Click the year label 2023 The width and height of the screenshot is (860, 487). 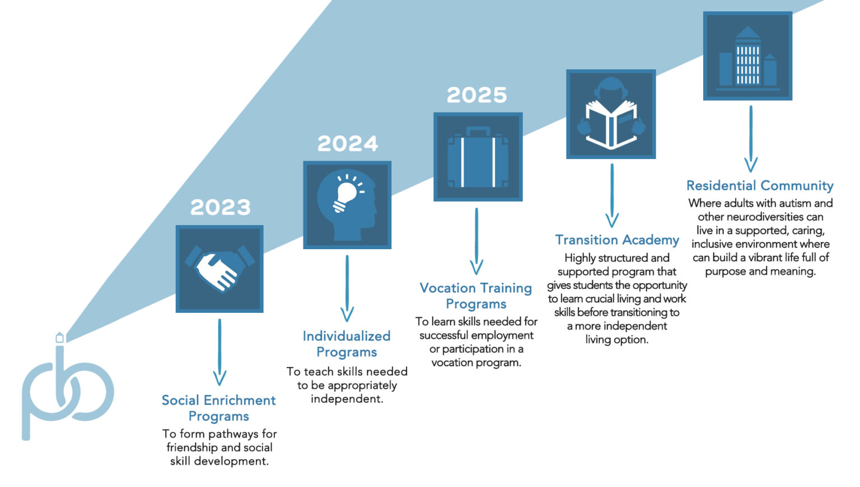[221, 207]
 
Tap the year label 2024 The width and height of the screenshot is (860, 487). [348, 143]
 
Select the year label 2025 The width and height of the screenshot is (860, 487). [477, 95]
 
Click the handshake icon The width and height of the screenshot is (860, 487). [219, 268]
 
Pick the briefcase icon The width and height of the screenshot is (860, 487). [478, 157]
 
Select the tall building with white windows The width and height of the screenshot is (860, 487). [747, 56]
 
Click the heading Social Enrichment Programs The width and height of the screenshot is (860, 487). [219, 408]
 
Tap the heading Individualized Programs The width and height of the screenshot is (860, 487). [347, 344]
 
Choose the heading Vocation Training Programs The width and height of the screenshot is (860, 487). [476, 296]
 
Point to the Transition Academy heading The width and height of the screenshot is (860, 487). [617, 240]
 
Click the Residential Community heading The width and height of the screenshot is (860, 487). [760, 185]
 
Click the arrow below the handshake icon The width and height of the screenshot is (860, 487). [219, 352]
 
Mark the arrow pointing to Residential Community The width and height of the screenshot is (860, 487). [751, 139]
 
